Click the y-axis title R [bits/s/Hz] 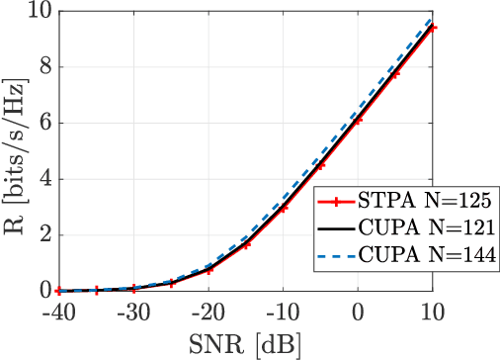(14, 150)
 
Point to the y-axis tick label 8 (43, 68)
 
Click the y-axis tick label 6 (43, 124)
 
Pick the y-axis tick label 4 (43, 180)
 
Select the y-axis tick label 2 (43, 235)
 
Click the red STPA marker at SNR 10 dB (433, 28)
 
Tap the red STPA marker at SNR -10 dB (283, 209)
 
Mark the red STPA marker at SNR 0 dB (358, 119)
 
